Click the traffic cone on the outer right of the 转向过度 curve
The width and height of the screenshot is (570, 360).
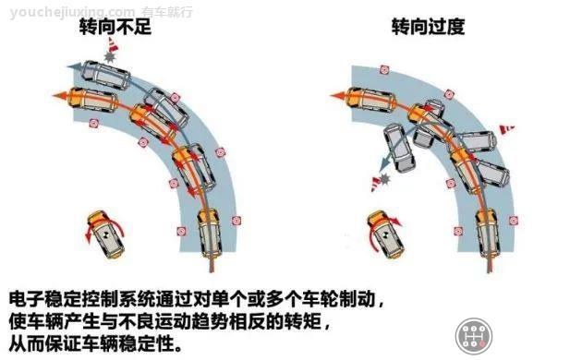coord(505,129)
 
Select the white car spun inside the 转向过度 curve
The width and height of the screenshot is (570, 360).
coord(399,150)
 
